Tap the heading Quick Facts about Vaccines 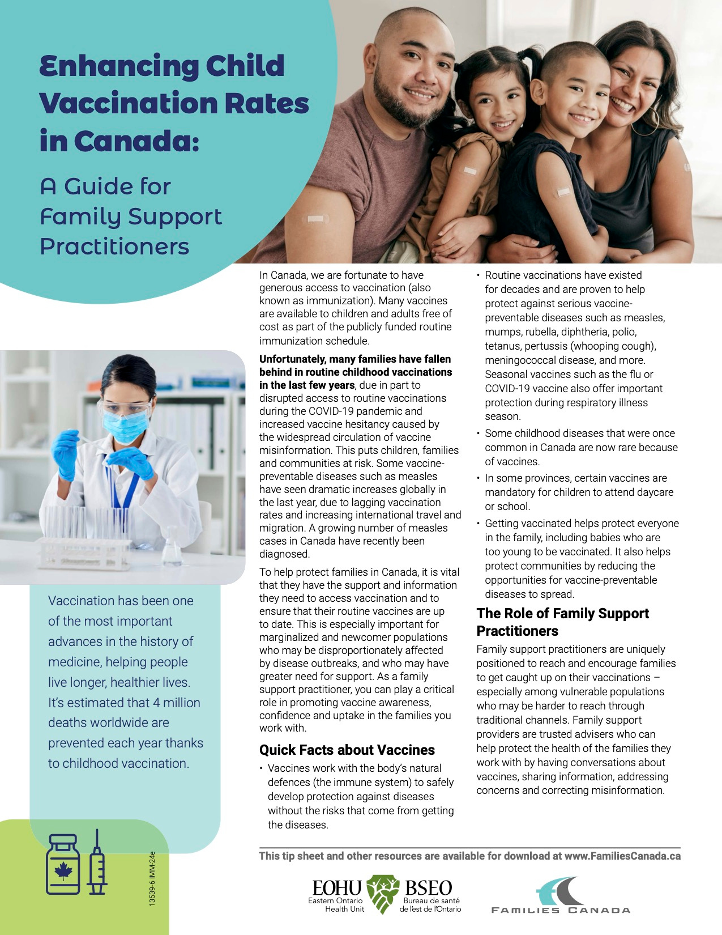[347, 750]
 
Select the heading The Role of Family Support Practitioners [562, 622]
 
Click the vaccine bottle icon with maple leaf [63, 864]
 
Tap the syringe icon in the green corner [97, 862]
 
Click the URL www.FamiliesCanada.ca [622, 856]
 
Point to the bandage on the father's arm [315, 219]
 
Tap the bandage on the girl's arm [470, 170]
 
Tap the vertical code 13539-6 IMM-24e [152, 878]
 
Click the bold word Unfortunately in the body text [292, 359]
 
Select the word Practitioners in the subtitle [114, 246]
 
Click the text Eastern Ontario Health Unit [335, 904]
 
